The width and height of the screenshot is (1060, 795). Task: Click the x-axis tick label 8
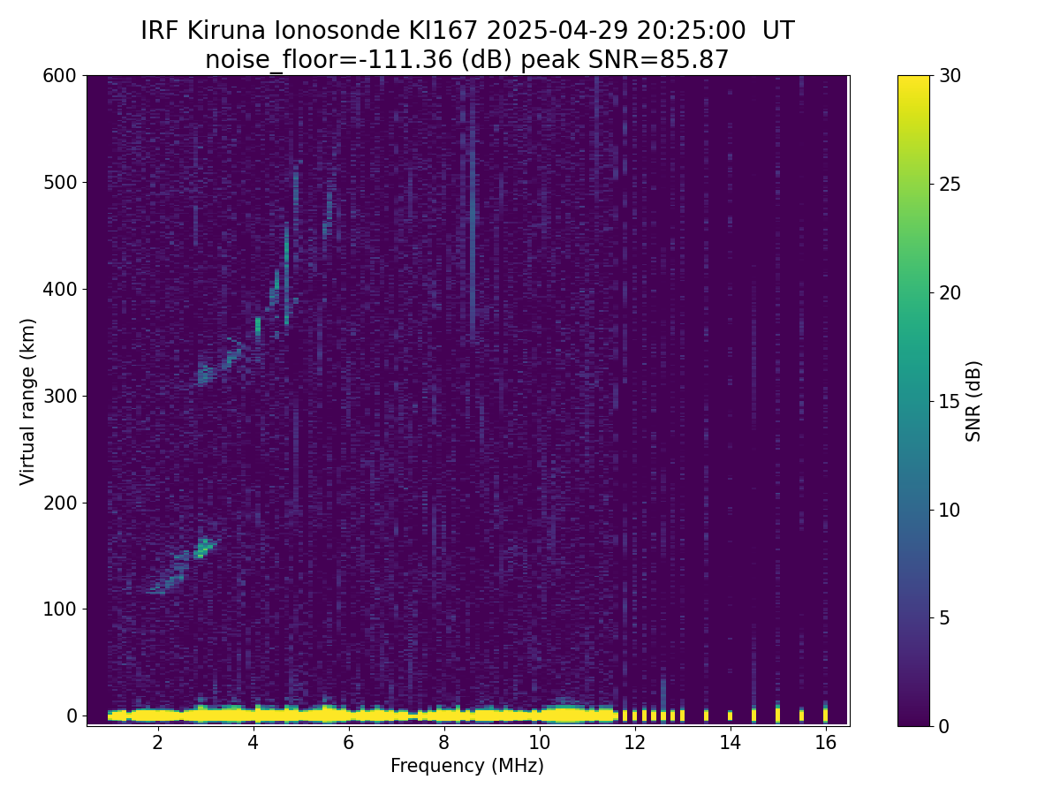pos(443,742)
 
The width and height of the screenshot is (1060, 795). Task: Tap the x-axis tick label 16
pos(825,742)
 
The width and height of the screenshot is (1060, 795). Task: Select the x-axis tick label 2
pos(157,742)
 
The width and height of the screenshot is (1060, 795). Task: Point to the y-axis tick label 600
pos(59,76)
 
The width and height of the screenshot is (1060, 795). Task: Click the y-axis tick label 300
pos(59,396)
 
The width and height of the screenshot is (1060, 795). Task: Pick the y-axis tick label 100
pos(59,609)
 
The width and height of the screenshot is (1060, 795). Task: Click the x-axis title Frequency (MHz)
pos(467,766)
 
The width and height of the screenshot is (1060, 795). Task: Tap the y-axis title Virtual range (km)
pos(28,401)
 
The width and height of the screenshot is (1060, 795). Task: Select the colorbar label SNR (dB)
pos(973,401)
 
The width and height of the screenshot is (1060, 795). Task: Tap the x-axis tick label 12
pos(634,742)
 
